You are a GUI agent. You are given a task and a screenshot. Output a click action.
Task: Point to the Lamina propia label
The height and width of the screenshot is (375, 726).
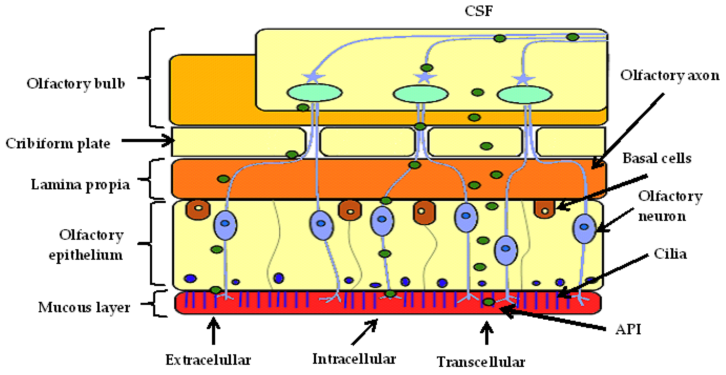click(x=80, y=185)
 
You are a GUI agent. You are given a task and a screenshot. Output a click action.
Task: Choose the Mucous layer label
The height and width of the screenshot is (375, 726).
click(x=84, y=307)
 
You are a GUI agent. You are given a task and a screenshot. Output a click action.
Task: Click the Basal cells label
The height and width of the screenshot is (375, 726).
click(x=657, y=158)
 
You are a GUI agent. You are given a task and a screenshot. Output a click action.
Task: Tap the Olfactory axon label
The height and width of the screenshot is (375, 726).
click(x=669, y=75)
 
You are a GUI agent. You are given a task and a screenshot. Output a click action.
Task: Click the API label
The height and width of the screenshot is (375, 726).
click(x=628, y=329)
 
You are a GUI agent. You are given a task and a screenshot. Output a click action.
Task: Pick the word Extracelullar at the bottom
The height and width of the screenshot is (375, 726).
click(x=208, y=360)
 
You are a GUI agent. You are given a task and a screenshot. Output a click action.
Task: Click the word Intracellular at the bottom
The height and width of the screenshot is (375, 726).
click(x=354, y=359)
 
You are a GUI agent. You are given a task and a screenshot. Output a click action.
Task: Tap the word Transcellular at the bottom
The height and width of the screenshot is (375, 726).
click(x=481, y=362)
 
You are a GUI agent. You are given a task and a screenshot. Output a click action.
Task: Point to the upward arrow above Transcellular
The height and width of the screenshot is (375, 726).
click(x=487, y=333)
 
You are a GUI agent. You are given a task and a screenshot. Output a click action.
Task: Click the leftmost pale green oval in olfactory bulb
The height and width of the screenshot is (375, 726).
click(x=315, y=93)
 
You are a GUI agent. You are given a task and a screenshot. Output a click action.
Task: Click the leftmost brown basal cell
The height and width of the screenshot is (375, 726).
click(x=198, y=209)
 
